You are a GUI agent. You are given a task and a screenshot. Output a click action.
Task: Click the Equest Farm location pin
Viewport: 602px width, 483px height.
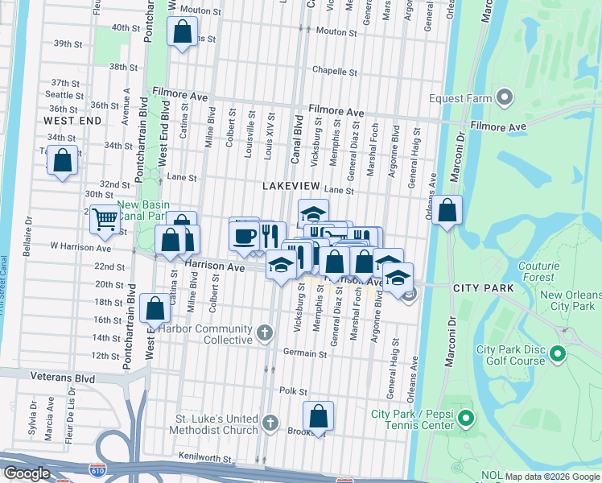click(x=505, y=98)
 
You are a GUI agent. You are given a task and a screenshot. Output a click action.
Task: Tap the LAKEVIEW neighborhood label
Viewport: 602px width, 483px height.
click(x=293, y=186)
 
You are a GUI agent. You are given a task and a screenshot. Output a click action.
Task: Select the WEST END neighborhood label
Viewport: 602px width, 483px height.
click(x=72, y=121)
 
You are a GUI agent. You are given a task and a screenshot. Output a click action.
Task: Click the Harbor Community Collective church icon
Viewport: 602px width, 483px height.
click(x=265, y=332)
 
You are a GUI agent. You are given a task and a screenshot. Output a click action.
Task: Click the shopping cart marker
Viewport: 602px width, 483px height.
click(x=104, y=217)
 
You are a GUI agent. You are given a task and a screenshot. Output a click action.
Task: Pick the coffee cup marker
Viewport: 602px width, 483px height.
click(x=245, y=235)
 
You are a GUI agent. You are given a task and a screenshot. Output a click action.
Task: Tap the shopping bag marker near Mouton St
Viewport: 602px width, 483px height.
click(x=183, y=32)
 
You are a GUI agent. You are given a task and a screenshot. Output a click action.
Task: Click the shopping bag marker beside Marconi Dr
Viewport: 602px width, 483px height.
click(x=447, y=211)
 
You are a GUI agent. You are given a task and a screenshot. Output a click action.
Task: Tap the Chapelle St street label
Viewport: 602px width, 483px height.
click(x=334, y=70)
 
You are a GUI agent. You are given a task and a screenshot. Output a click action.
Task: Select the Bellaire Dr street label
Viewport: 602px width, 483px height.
click(x=28, y=229)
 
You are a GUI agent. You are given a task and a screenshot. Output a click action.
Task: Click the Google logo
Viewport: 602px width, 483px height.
click(x=27, y=473)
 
